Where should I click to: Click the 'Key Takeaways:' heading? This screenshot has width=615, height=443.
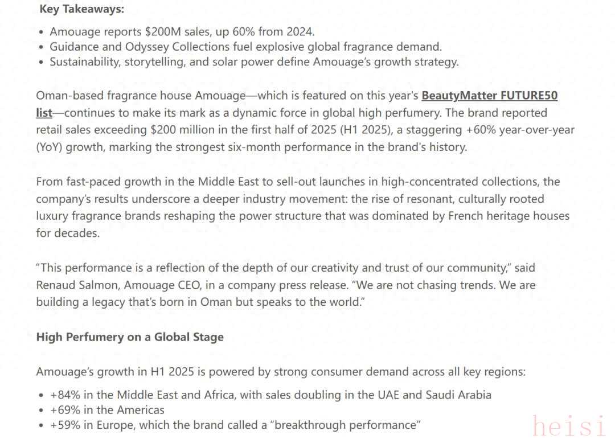(82, 9)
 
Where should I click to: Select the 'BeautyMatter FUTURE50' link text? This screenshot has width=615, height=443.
(489, 96)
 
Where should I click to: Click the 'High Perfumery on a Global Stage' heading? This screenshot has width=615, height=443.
(130, 337)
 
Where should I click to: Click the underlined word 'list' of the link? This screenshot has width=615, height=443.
(44, 113)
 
